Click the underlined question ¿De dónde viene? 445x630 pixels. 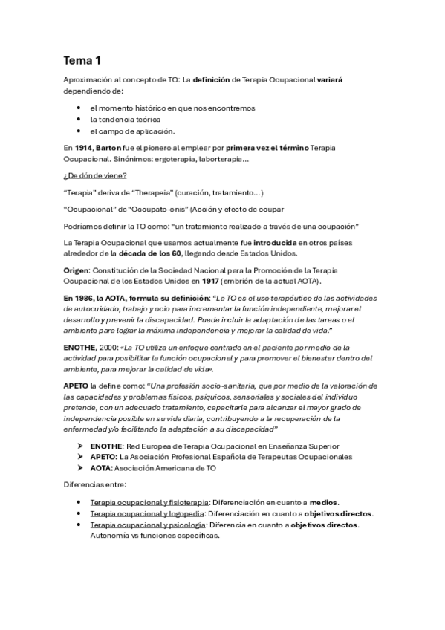(95, 175)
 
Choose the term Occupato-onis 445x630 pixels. (157, 208)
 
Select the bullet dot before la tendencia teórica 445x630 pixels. (78, 120)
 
